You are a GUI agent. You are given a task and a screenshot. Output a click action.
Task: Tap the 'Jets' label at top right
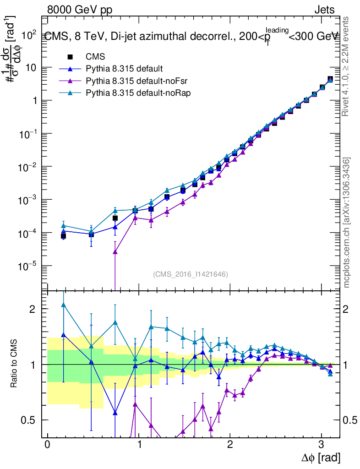[x=324, y=10]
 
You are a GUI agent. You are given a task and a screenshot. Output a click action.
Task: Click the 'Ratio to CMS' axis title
[x=14, y=365]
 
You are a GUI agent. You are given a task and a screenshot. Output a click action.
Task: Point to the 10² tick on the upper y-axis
[x=28, y=34]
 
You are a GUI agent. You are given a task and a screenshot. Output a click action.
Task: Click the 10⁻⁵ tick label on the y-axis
[x=28, y=266]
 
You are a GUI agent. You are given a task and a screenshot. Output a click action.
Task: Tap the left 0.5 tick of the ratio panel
[x=31, y=420]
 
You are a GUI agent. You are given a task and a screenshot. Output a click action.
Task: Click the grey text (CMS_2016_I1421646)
[x=190, y=274]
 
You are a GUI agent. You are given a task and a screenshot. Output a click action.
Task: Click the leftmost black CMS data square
[x=63, y=236]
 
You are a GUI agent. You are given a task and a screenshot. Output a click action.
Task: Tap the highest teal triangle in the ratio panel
[x=63, y=305]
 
